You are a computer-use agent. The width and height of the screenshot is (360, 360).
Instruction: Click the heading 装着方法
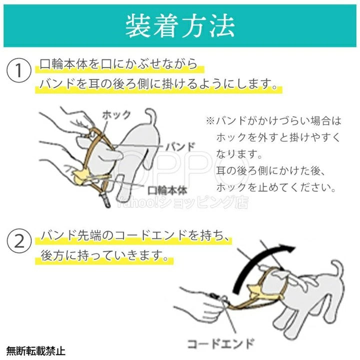pos(180,25)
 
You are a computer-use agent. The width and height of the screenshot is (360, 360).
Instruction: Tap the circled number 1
pos(19,70)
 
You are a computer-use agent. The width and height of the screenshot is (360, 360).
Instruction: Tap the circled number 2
pos(19,241)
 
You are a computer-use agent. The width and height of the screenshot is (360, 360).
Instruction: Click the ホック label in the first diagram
pos(116,114)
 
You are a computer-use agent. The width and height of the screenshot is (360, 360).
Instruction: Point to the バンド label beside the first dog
pos(180,147)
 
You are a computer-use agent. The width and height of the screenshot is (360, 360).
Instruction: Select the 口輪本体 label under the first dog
pos(167,190)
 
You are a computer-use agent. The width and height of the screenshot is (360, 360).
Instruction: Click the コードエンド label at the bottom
pos(220,343)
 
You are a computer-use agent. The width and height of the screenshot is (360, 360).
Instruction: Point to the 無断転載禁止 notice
pos(35,351)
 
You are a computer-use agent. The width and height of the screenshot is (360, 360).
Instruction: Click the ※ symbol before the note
pos(209,121)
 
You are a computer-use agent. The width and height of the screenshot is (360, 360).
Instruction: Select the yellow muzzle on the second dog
pos(254,289)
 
